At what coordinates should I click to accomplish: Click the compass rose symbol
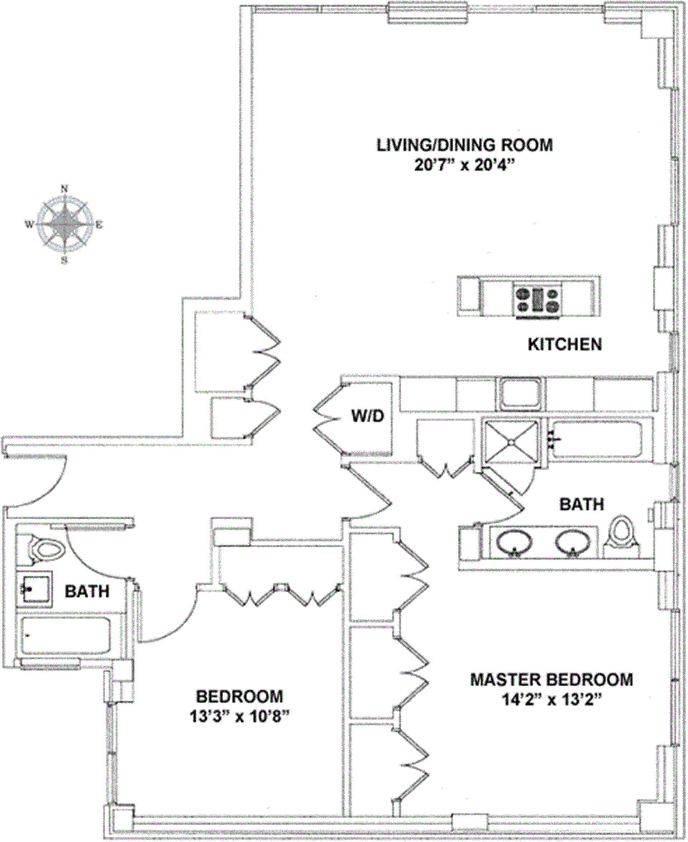pyautogui.click(x=64, y=224)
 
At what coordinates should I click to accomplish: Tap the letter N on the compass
pyautogui.click(x=64, y=189)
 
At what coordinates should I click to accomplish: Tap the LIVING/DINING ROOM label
pyautogui.click(x=464, y=145)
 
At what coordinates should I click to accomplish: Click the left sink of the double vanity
pyautogui.click(x=515, y=543)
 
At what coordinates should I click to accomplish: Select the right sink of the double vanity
pyautogui.click(x=573, y=543)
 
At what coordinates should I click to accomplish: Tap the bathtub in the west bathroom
pyautogui.click(x=66, y=636)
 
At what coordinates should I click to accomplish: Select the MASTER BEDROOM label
pyautogui.click(x=551, y=680)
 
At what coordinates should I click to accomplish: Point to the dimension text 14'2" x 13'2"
pyautogui.click(x=552, y=699)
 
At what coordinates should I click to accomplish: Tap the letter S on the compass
pyautogui.click(x=64, y=260)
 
